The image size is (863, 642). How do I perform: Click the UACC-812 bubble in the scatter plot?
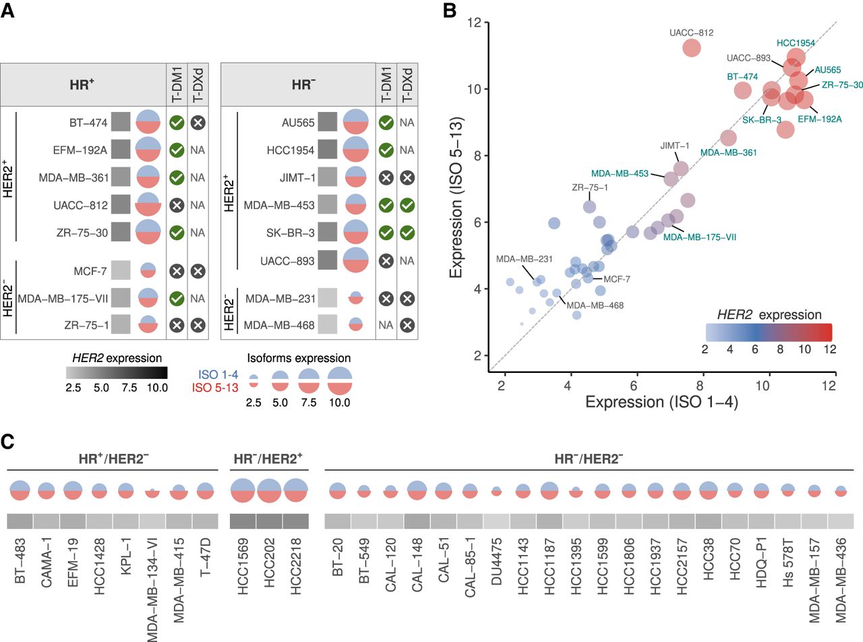point(692,48)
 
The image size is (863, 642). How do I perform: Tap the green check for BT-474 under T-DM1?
point(177,123)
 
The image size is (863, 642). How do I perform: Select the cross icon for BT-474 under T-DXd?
point(198,123)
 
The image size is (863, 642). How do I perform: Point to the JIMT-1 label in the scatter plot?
point(675,146)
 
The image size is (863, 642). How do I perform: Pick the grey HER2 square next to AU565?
point(328,123)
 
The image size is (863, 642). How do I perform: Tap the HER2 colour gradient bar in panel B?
point(769,332)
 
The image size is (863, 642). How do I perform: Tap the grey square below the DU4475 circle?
point(496,521)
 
